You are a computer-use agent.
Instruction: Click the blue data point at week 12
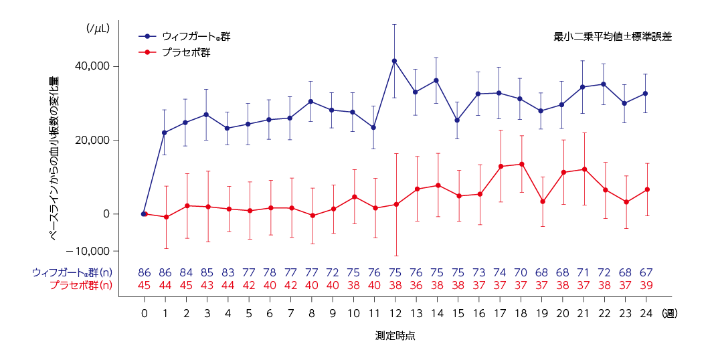(x=395, y=61)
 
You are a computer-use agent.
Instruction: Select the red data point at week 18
(x=521, y=164)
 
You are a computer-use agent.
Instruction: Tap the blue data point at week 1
(x=165, y=132)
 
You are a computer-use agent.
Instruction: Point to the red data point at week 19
(x=542, y=201)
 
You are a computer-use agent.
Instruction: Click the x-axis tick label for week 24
(x=646, y=312)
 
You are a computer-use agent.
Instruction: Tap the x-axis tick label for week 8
(x=311, y=312)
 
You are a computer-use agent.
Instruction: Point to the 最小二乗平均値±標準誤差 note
(x=612, y=37)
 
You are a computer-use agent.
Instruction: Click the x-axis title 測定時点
(x=395, y=335)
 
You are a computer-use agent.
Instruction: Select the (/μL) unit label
(x=97, y=29)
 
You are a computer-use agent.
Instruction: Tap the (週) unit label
(x=669, y=312)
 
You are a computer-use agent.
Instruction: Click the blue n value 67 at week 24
(x=646, y=273)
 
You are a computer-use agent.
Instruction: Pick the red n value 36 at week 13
(x=416, y=285)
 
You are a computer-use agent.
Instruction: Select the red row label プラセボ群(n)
(x=81, y=285)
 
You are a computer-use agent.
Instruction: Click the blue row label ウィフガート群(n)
(x=72, y=273)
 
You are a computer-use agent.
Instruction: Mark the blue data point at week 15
(x=458, y=120)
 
